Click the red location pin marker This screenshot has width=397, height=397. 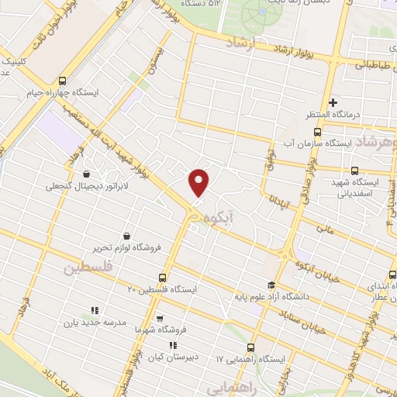click(x=200, y=181)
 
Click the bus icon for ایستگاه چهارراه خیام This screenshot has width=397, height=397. click(x=62, y=80)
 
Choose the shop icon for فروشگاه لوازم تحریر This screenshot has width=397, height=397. click(x=126, y=235)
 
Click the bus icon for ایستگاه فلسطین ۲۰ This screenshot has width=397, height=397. click(x=162, y=277)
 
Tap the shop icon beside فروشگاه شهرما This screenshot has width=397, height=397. click(x=158, y=317)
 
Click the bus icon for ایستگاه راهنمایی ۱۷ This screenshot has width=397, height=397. click(x=250, y=347)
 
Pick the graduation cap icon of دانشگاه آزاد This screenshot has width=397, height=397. click(x=271, y=285)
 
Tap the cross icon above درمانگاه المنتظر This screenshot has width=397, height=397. click(x=333, y=102)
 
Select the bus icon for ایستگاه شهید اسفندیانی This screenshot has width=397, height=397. click(x=354, y=170)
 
